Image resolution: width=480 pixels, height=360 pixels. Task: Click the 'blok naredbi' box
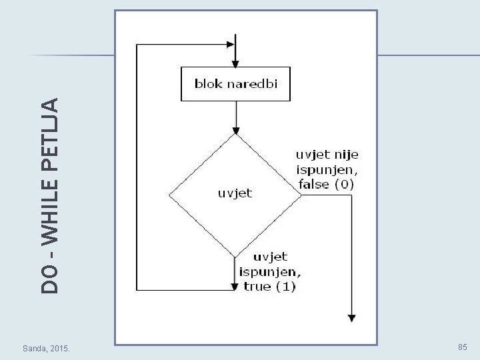235,83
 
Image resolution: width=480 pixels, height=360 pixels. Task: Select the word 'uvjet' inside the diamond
235,193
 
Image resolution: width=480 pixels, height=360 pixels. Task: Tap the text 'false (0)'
327,184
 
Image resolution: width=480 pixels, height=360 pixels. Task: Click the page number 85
463,347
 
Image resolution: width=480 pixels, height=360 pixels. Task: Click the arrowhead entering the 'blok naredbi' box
235,62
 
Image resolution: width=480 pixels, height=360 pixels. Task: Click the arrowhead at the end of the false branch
351,318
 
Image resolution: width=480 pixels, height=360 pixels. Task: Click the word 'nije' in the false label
345,154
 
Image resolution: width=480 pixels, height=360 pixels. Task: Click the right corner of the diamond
301,195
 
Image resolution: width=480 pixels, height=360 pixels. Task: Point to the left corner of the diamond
169,195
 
